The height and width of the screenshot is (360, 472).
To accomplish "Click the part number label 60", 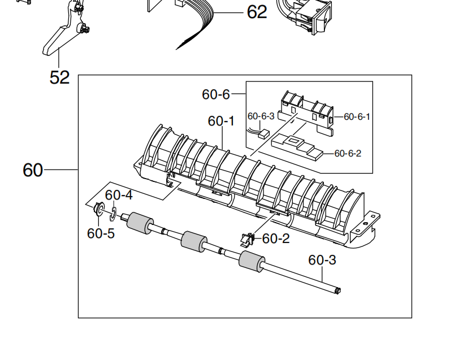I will point(33,170).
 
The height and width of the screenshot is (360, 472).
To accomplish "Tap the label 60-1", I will point(221,121).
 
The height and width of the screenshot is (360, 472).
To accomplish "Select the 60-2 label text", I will point(276,239).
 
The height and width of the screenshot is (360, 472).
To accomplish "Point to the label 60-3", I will point(322,260).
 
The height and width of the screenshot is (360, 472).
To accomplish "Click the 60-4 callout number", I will point(119,195).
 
